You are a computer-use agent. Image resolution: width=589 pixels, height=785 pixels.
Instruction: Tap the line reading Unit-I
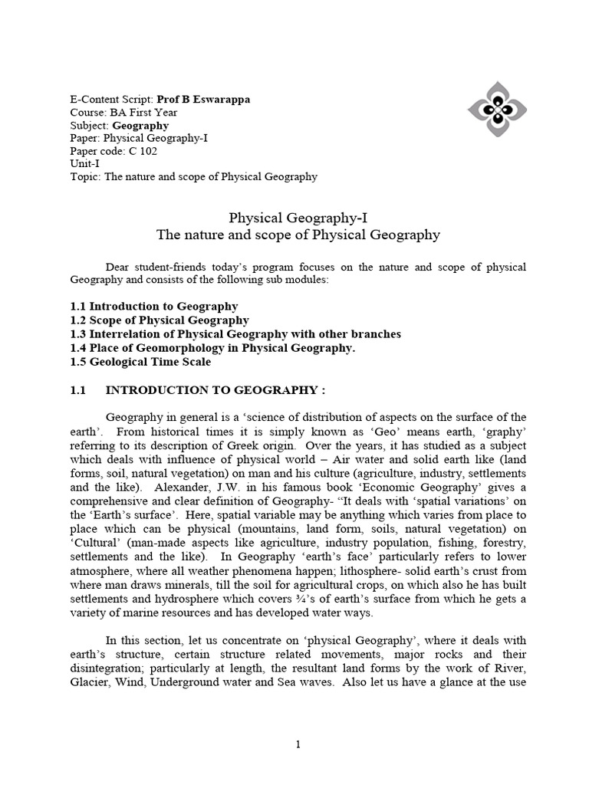pyautogui.click(x=85, y=164)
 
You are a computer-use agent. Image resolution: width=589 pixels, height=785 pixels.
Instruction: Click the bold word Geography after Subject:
pyautogui.click(x=140, y=126)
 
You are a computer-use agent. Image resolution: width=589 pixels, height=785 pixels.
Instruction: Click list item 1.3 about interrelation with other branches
pyautogui.click(x=235, y=334)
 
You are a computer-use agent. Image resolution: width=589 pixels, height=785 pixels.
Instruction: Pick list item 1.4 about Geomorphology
pyautogui.click(x=212, y=348)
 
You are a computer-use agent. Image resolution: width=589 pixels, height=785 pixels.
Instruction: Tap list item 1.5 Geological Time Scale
pyautogui.click(x=140, y=362)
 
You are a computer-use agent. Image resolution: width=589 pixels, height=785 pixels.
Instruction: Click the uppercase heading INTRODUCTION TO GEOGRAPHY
pyautogui.click(x=215, y=390)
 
